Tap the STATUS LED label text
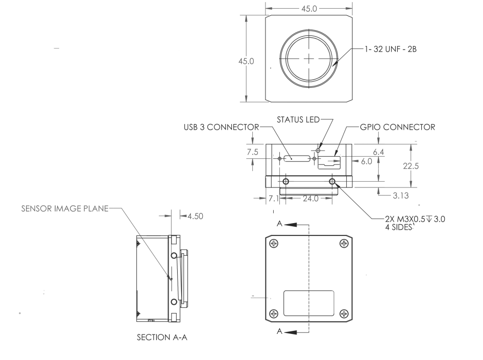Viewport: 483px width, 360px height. click(x=297, y=119)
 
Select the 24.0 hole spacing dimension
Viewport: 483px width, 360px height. click(x=308, y=199)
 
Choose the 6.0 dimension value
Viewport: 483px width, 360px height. click(x=366, y=160)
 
